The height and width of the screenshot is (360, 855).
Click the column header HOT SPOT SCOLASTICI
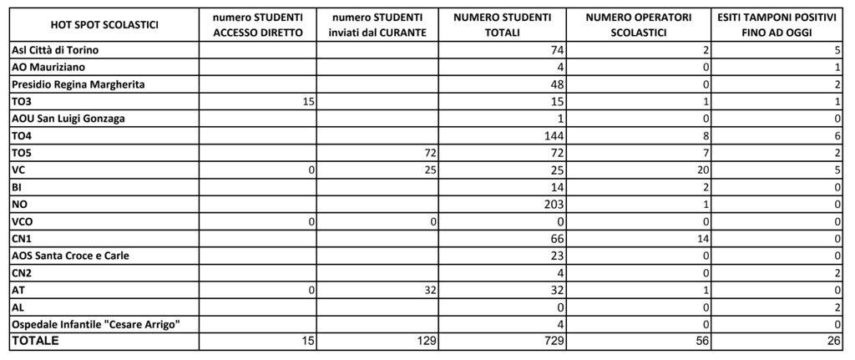click(x=104, y=25)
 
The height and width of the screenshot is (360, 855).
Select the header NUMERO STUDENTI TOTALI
click(x=508, y=25)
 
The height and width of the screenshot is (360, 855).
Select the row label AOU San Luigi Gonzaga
click(x=68, y=119)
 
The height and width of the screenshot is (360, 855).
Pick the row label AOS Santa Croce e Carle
click(x=70, y=256)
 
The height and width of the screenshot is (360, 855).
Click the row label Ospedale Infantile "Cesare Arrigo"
click(x=95, y=324)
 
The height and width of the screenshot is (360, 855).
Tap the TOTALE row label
click(x=36, y=341)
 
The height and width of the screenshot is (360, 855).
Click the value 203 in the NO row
click(x=554, y=204)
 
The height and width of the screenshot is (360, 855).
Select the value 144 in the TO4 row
click(x=554, y=135)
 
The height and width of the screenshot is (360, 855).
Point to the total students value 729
click(x=554, y=342)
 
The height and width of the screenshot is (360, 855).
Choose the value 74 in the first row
click(x=557, y=50)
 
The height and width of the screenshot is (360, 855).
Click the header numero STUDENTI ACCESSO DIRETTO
click(x=257, y=25)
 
